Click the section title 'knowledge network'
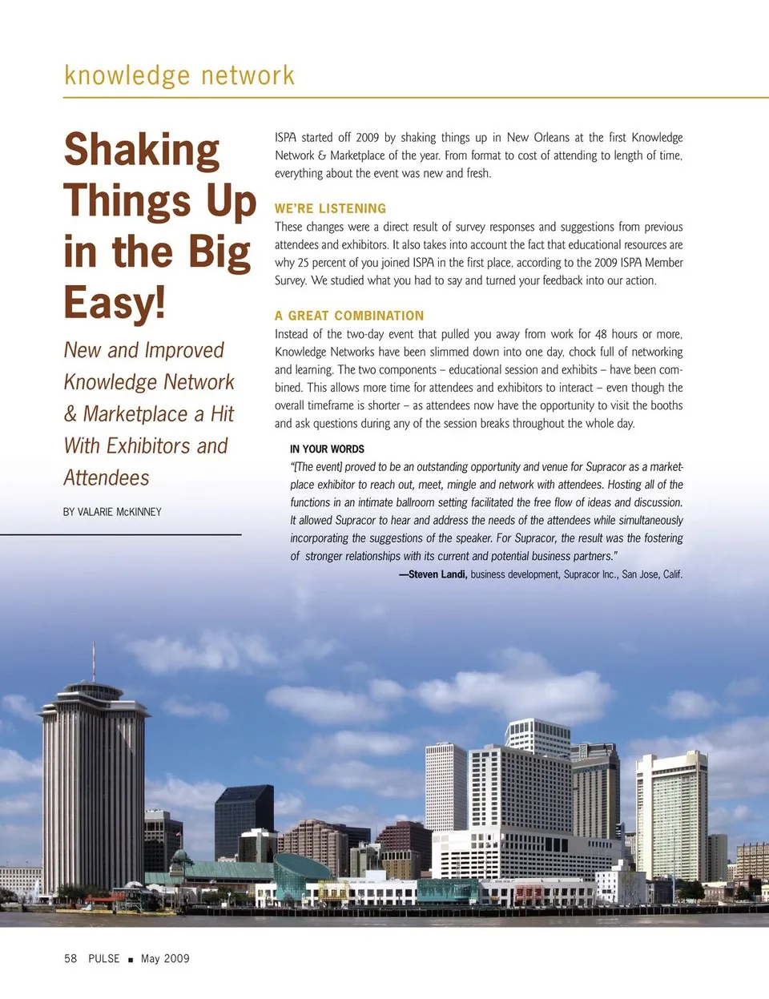179,75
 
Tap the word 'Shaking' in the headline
142,151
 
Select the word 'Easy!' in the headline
115,303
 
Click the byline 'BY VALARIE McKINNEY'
112,512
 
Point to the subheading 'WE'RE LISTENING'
330,208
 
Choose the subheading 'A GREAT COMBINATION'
349,316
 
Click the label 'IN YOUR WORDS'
327,449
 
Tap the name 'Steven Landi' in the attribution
437,574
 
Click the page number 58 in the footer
70,958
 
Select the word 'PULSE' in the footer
104,958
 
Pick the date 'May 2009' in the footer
165,958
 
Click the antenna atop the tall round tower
94,661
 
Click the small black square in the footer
131,959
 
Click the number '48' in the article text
601,334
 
